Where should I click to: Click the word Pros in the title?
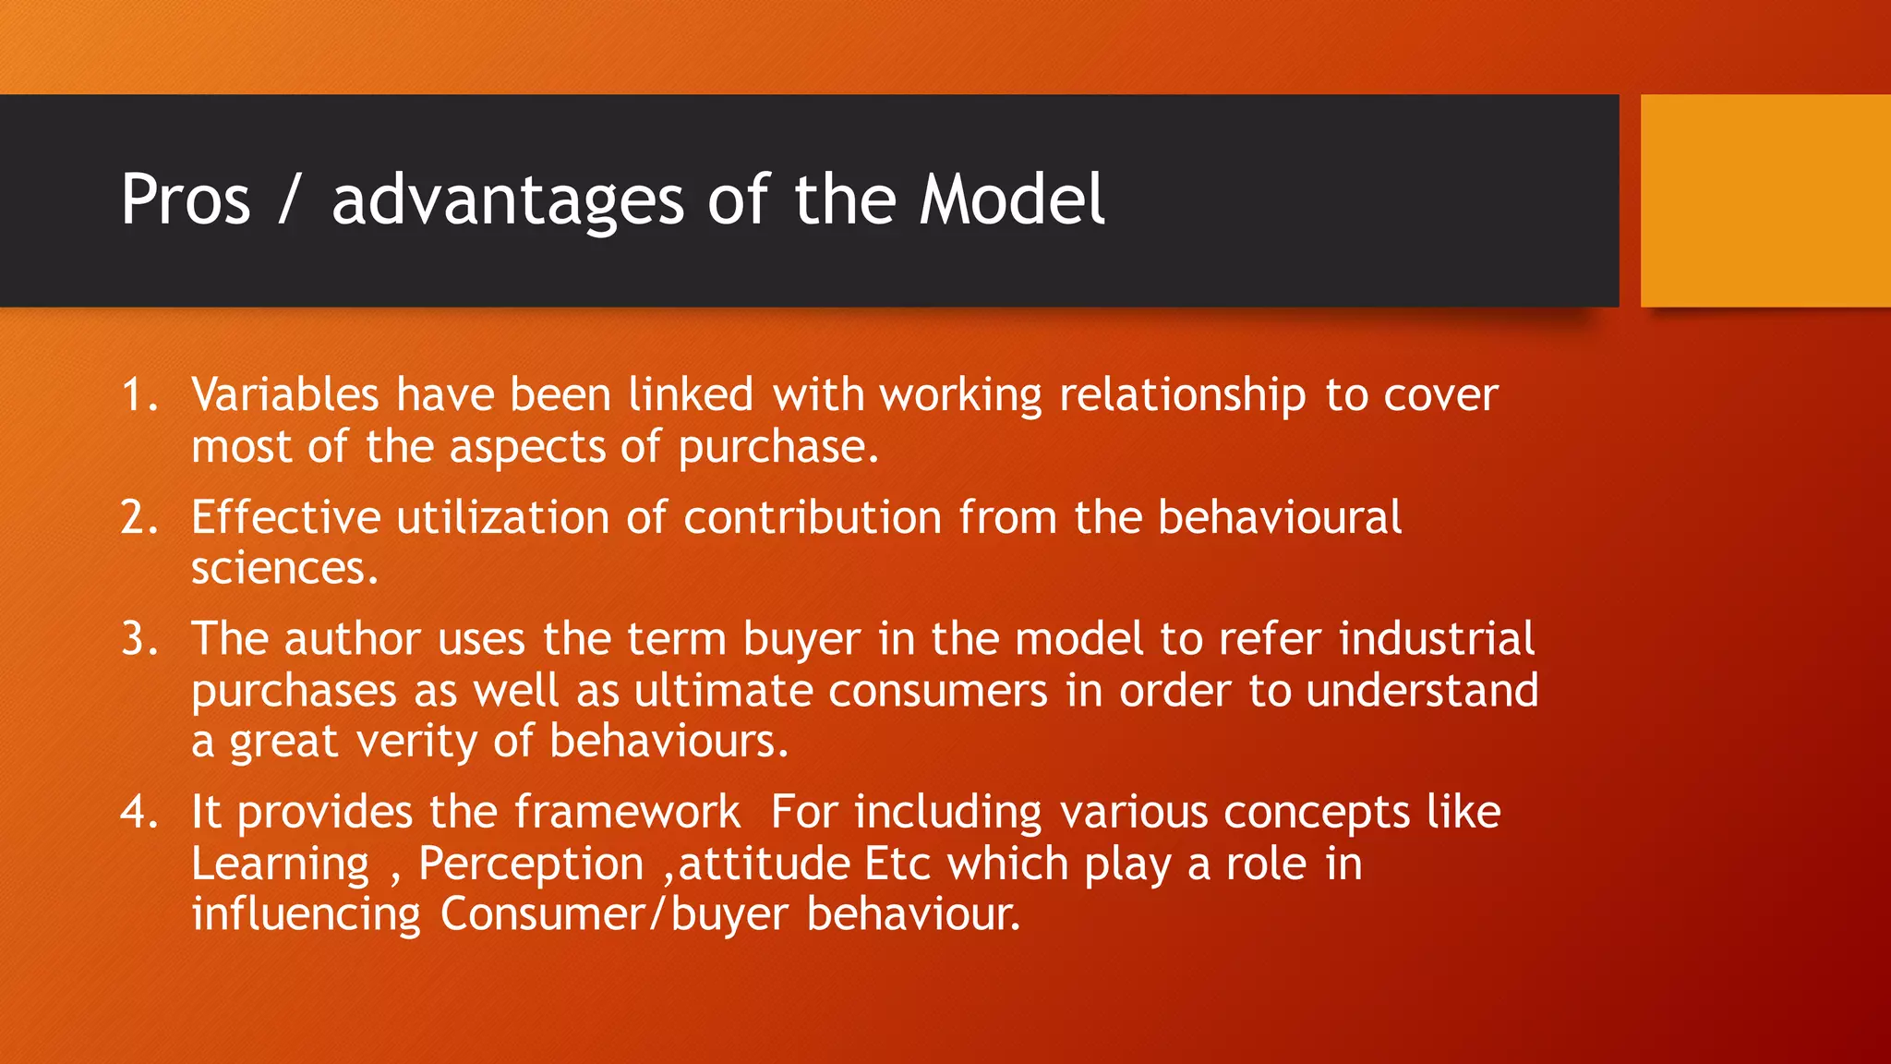(186, 199)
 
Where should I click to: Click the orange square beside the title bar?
(1765, 200)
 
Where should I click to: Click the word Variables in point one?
(285, 395)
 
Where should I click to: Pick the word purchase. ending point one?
(778, 448)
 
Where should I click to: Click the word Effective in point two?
(285, 517)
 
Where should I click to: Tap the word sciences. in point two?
(284, 569)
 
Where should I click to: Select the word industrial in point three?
(1437, 639)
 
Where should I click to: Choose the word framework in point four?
(627, 812)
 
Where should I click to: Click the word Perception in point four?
(531, 864)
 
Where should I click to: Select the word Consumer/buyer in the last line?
(614, 914)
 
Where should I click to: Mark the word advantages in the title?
(508, 199)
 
